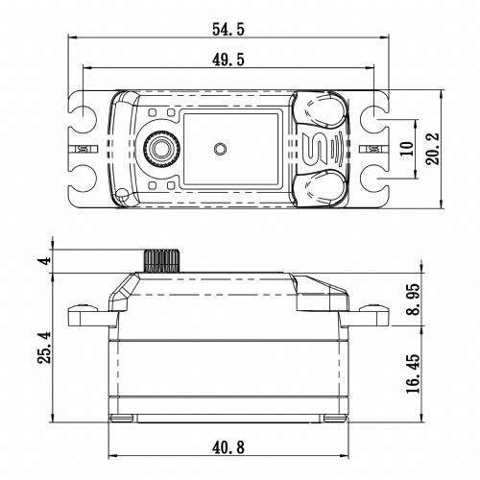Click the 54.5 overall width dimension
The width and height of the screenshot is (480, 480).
(x=228, y=30)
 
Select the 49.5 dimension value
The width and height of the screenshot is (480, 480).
(x=228, y=60)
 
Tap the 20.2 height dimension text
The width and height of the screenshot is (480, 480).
(x=433, y=149)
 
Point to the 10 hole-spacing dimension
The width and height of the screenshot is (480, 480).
(x=407, y=149)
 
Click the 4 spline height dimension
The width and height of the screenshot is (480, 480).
(x=44, y=260)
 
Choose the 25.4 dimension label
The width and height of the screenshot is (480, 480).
(x=44, y=348)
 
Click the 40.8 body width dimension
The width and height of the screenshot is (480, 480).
(x=228, y=447)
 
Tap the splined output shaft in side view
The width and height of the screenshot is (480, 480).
(x=162, y=261)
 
